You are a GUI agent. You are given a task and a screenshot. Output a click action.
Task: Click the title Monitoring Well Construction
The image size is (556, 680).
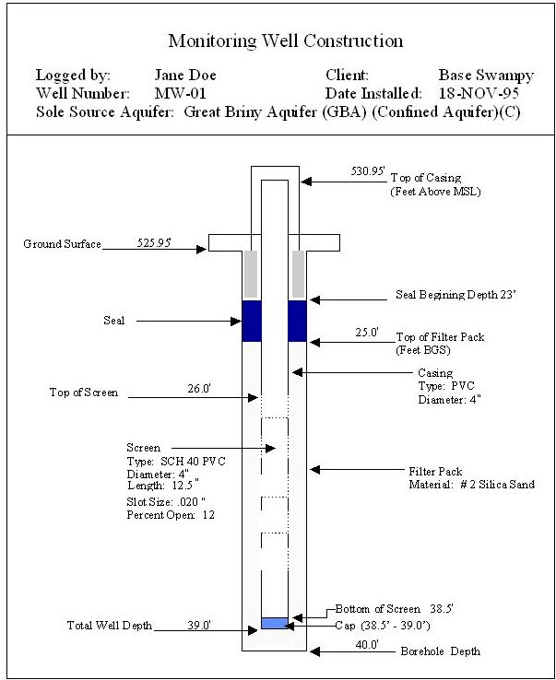pyautogui.click(x=285, y=41)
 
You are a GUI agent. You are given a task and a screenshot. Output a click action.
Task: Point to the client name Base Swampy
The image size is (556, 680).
pyautogui.click(x=486, y=76)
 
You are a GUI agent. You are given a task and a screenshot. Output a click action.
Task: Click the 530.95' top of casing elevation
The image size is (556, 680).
pyautogui.click(x=371, y=171)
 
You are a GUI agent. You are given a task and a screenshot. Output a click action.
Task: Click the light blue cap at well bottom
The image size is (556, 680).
pyautogui.click(x=274, y=623)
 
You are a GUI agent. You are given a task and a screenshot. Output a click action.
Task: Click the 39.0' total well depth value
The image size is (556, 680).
pyautogui.click(x=199, y=625)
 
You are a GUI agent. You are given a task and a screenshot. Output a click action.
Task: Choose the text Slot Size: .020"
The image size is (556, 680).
pyautogui.click(x=166, y=502)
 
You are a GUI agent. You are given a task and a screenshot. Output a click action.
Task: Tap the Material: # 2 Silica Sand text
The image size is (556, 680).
pyautogui.click(x=471, y=485)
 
